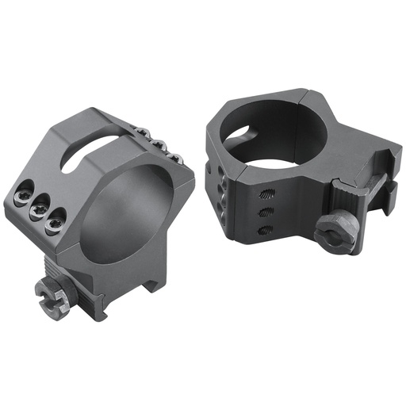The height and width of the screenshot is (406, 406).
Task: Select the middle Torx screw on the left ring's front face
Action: tap(38, 211)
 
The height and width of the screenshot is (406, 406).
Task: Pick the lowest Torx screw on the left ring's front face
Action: tap(54, 225)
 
